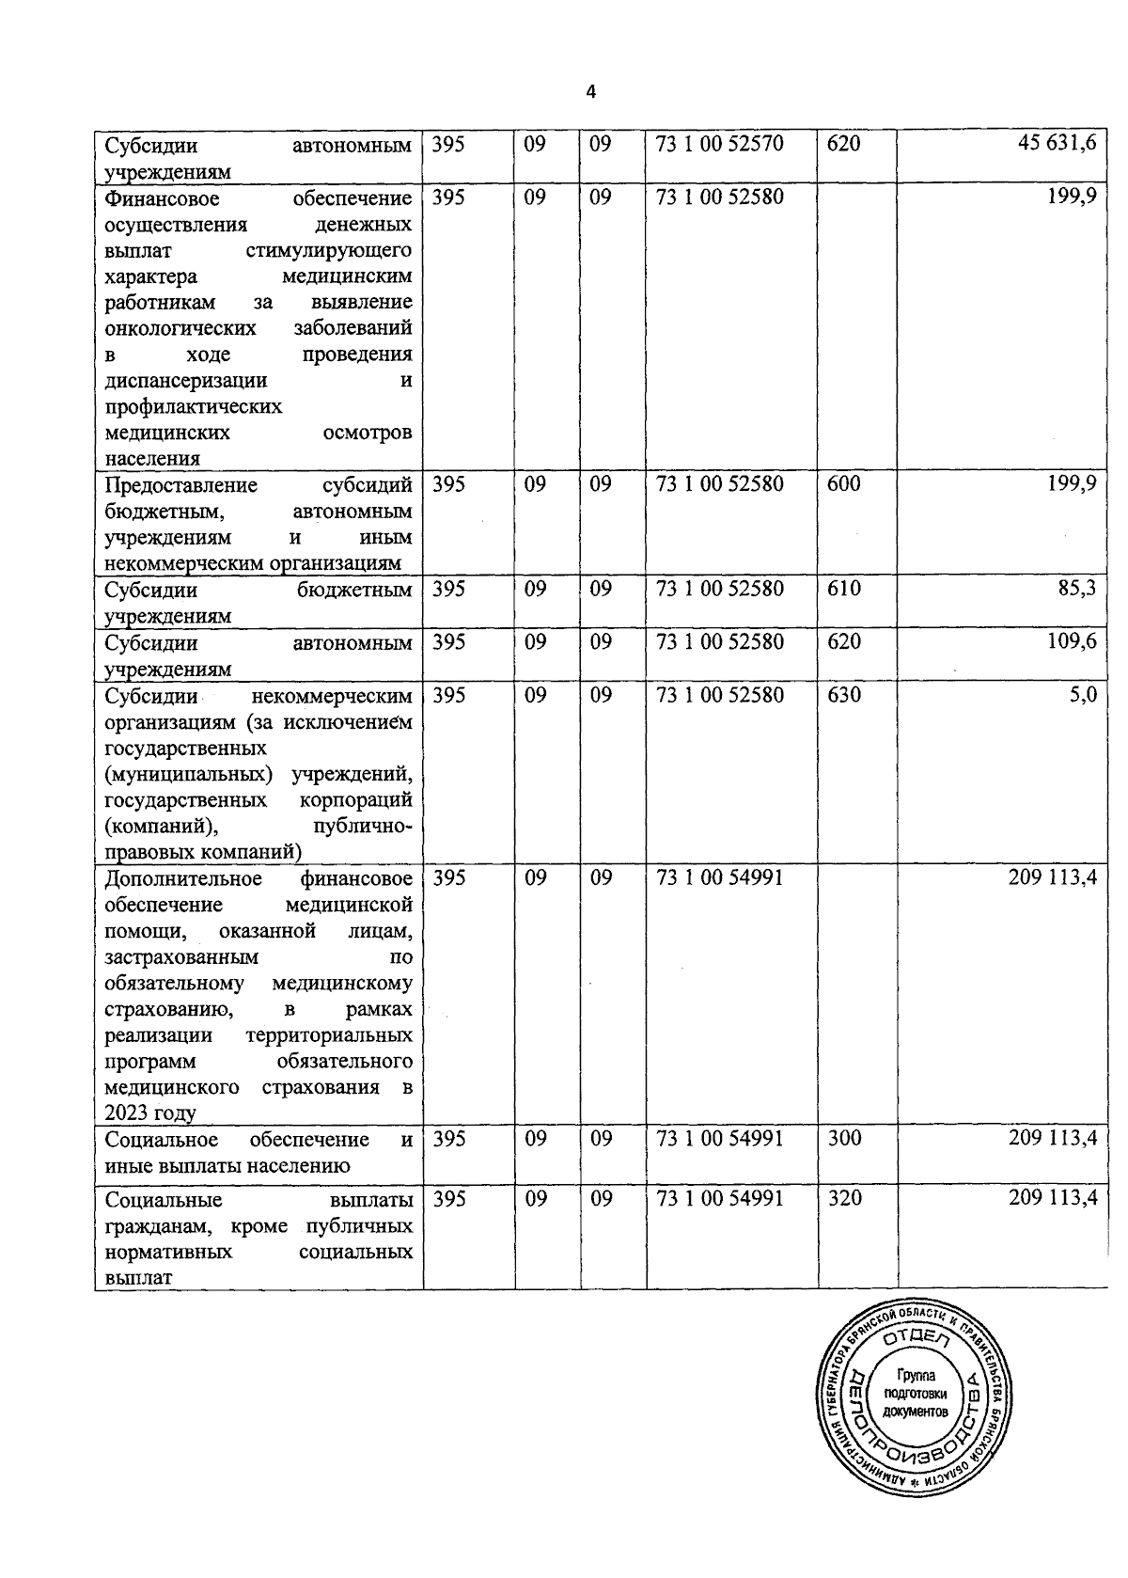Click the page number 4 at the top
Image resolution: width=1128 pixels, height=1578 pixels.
[590, 92]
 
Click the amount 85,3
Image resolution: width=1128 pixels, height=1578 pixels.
[1076, 590]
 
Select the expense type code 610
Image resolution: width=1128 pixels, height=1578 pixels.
[843, 590]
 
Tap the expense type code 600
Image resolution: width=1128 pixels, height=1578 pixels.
[843, 484]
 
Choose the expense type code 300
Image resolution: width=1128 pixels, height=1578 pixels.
[843, 1139]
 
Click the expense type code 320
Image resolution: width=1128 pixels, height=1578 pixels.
[843, 1199]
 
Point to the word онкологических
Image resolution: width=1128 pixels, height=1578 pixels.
[180, 328]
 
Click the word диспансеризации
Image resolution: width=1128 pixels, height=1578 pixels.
[186, 381]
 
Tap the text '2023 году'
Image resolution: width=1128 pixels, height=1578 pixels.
[150, 1113]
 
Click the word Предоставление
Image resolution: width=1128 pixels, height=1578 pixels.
[181, 485]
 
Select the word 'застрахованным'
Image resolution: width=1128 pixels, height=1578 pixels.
[182, 957]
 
